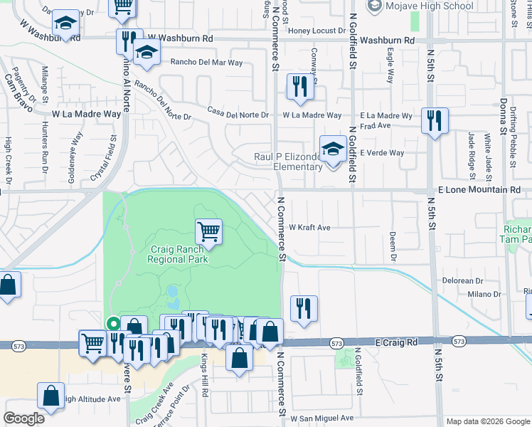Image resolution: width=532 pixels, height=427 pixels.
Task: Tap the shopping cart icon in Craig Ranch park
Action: tap(208, 231)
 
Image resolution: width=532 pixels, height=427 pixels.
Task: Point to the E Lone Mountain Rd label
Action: tap(479, 190)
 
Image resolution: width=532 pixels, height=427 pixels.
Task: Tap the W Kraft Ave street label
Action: tap(309, 228)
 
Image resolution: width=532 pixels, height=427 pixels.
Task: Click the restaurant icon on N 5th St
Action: tap(433, 120)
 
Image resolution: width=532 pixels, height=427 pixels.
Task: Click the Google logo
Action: tap(23, 418)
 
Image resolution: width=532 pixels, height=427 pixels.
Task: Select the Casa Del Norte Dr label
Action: tap(238, 115)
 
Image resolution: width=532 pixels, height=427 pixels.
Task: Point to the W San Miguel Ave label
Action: tap(321, 418)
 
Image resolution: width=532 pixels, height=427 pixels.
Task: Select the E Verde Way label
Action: tap(382, 153)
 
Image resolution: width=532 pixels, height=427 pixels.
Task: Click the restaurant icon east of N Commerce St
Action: tap(304, 308)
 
